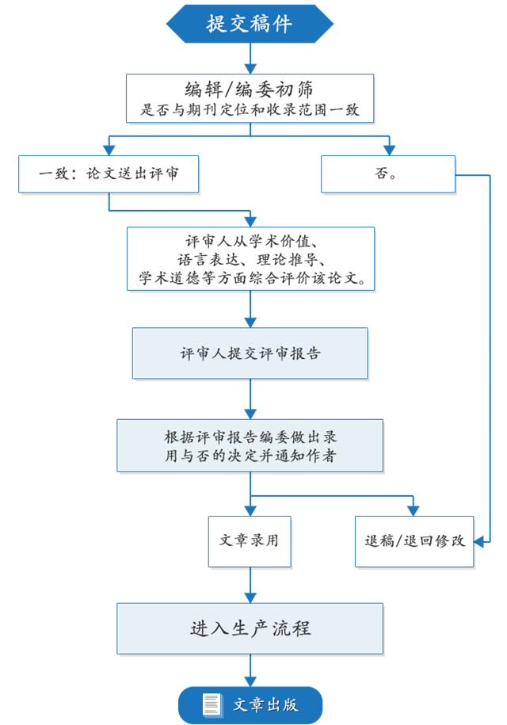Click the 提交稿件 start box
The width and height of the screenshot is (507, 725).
[250, 24]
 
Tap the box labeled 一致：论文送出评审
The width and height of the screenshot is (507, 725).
[108, 174]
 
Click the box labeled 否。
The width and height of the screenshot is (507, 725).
[387, 174]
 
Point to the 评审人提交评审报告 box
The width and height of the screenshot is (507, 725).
[250, 353]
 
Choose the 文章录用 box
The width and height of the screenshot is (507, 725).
[250, 541]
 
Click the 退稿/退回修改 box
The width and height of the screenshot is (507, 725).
[414, 541]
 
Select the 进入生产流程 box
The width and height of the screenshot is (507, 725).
[250, 628]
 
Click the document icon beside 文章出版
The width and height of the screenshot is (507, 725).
[212, 704]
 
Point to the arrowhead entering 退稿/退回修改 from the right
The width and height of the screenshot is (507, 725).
[480, 542]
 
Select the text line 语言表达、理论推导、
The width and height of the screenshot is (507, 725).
[250, 259]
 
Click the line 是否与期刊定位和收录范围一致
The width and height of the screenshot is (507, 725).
[250, 110]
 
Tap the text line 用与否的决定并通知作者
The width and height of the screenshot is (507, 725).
[250, 456]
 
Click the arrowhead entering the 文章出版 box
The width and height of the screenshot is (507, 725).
[250, 681]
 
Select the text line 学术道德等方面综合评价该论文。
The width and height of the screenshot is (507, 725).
[250, 277]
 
